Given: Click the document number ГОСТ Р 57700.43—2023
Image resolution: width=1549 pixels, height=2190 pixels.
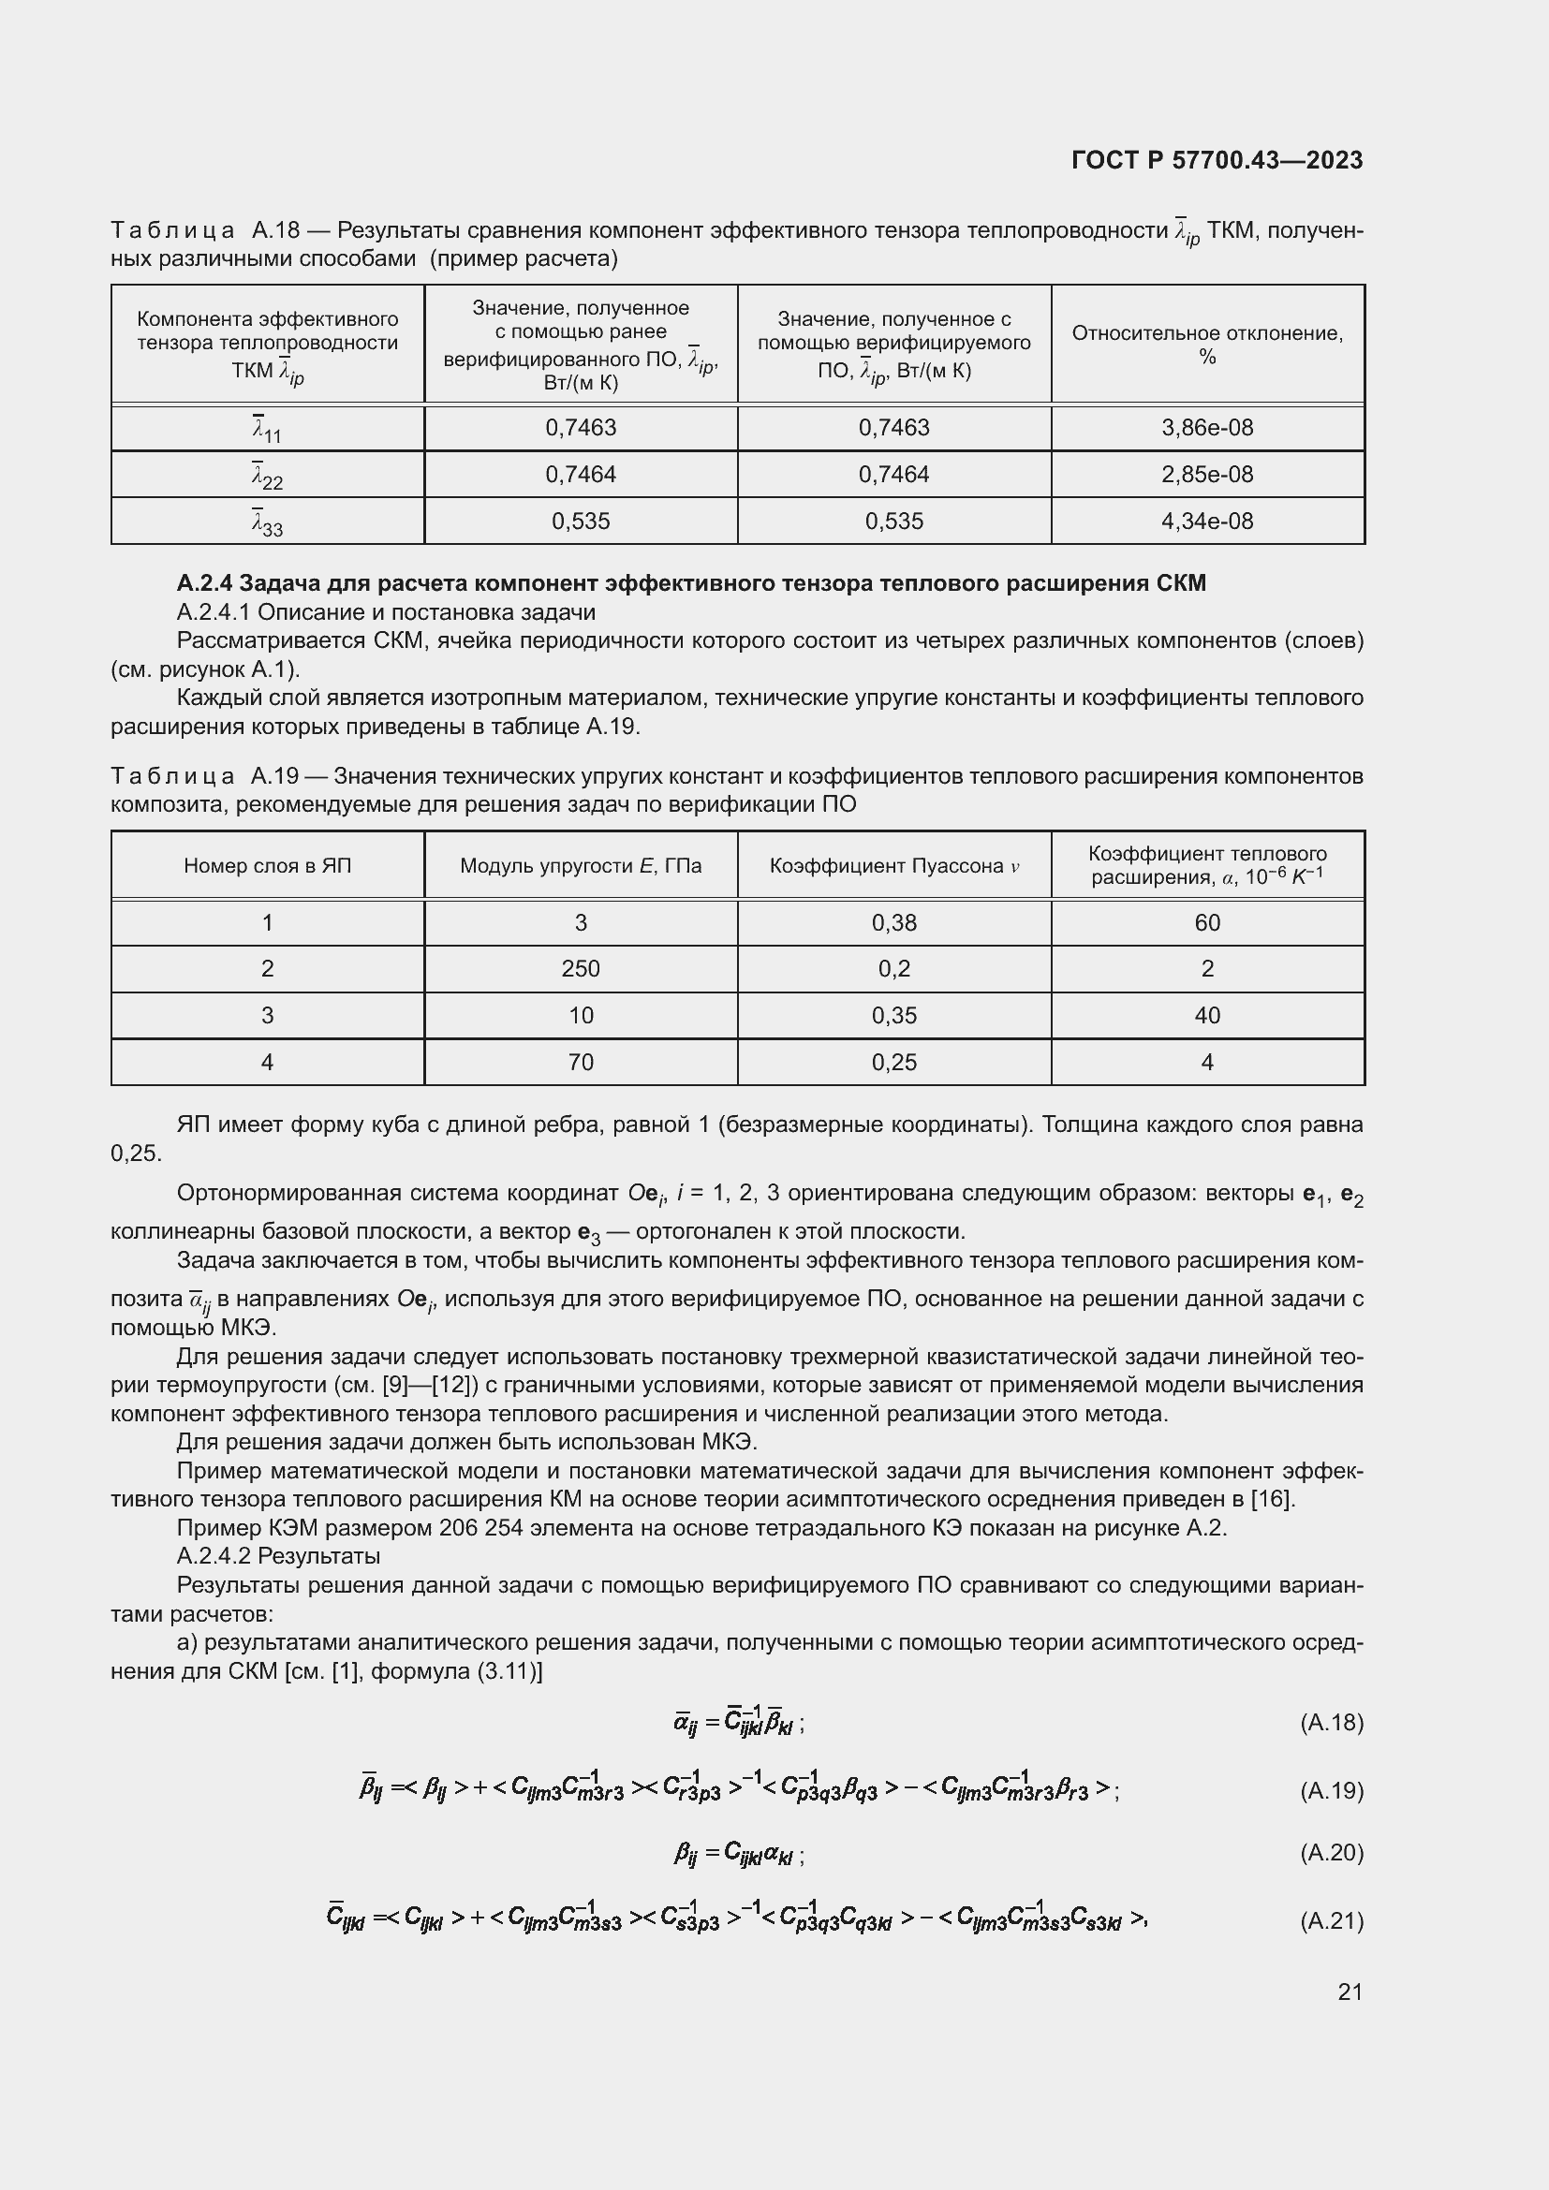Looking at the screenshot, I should [1217, 160].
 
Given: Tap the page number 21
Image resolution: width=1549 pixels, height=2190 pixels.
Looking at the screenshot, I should [1350, 1992].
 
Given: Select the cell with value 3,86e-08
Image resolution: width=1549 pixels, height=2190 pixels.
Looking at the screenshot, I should [1206, 427].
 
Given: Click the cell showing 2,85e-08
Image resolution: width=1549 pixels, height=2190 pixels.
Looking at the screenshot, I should [1206, 474].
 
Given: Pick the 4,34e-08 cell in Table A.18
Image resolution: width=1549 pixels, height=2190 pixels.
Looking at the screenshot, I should [1206, 521].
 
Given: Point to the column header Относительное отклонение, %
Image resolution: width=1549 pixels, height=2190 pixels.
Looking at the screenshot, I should [1206, 345].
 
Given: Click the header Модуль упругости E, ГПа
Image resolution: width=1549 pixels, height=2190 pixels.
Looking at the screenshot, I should [580, 866].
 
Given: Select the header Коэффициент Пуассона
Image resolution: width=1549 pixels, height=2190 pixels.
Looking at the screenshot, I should [893, 866].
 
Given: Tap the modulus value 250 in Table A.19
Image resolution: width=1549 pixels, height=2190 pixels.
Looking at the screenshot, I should [580, 969].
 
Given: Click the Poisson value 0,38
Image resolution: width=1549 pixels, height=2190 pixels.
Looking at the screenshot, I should [893, 922].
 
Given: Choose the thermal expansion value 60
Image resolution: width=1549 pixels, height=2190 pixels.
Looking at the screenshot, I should [1206, 922].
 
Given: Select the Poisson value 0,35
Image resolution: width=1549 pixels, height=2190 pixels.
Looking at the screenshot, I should [893, 1016].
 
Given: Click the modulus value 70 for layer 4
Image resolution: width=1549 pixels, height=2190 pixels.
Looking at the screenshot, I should [580, 1063].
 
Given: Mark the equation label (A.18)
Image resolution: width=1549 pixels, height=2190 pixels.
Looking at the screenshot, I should [1332, 1723].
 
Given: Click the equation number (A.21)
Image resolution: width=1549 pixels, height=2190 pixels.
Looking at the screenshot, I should [1332, 1920].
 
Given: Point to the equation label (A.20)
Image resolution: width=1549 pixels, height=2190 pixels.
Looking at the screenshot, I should [1332, 1852].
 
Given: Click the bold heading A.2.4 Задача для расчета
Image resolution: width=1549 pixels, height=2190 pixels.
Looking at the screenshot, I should [690, 582].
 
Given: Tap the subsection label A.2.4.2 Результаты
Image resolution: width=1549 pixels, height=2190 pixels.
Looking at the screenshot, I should [278, 1556].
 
